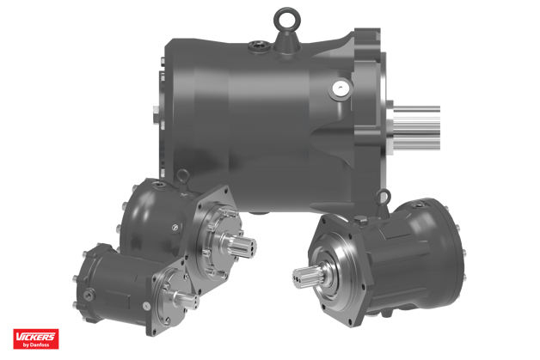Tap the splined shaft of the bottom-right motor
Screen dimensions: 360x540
(x=307, y=279)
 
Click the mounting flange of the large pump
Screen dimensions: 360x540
(x=371, y=103)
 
